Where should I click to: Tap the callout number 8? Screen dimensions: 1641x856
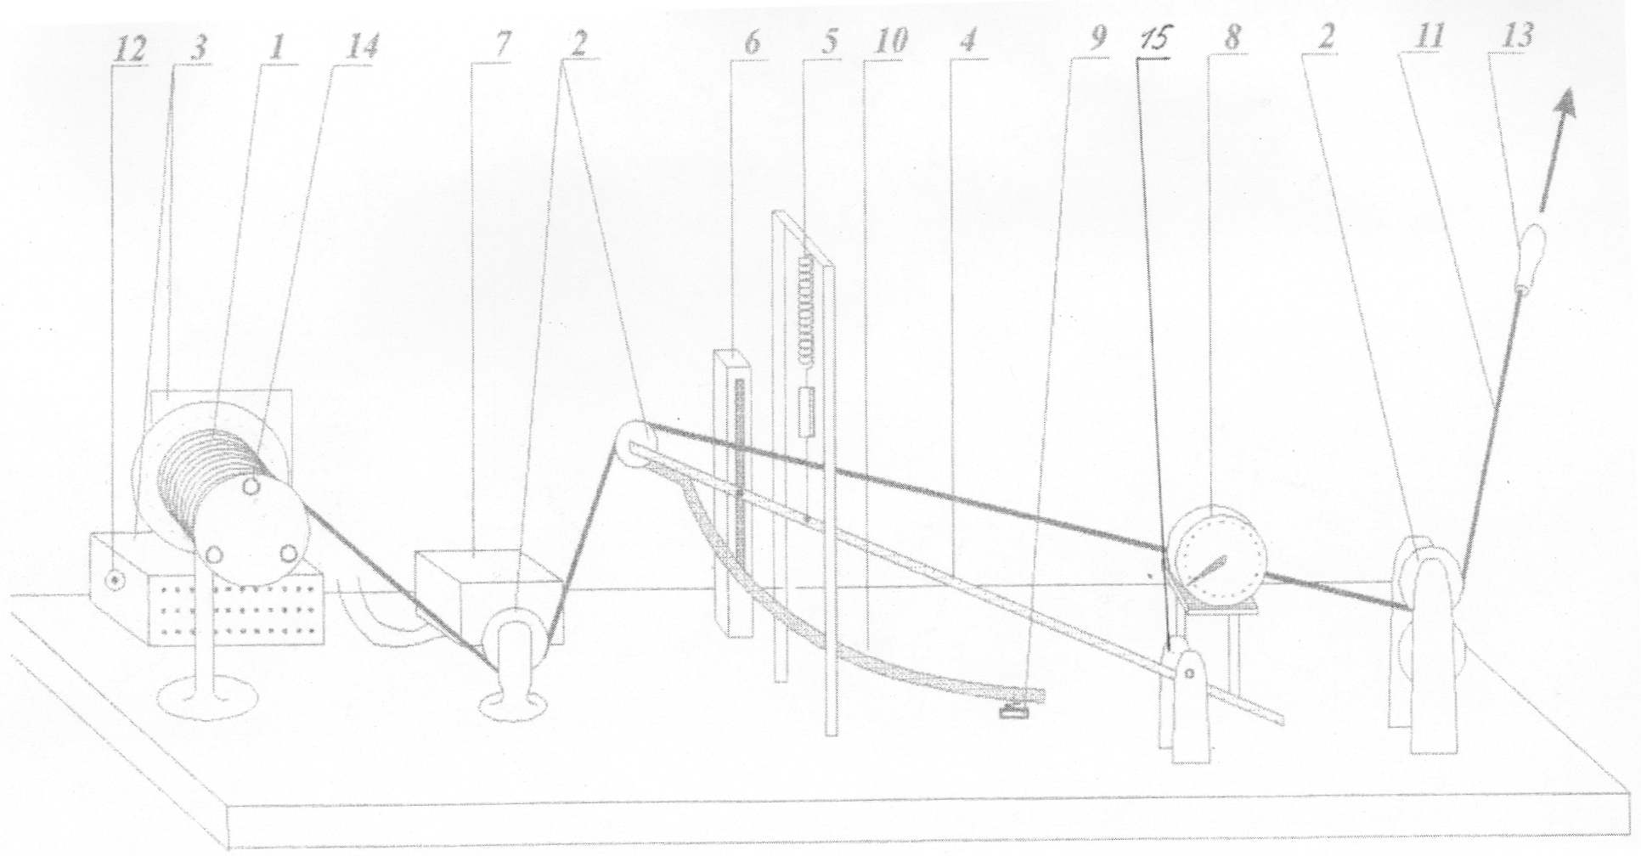(x=1232, y=39)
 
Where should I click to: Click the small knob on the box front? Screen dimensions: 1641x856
(x=113, y=580)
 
